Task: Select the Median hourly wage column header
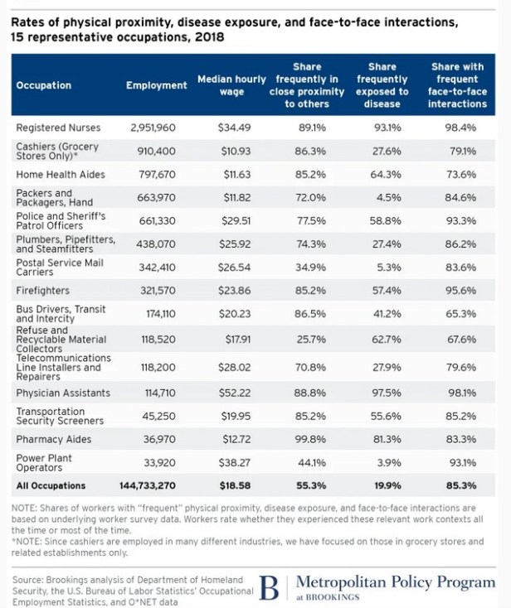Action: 230,85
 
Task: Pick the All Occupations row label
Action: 51,486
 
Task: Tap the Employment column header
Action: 156,85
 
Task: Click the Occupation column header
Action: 44,85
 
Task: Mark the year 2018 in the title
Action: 207,38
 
